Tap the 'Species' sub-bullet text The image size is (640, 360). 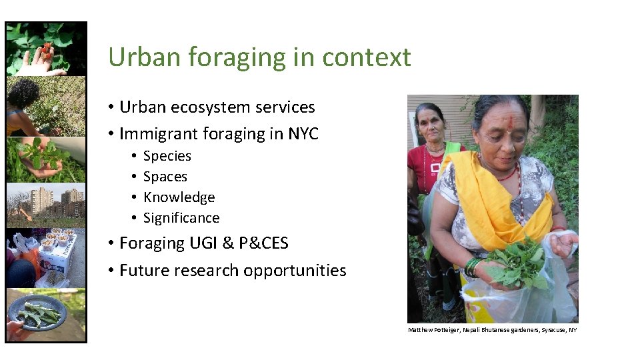[x=167, y=156]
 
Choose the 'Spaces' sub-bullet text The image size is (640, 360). [x=165, y=177]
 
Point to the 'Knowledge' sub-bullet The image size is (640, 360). [x=179, y=197]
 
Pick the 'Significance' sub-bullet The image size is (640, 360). [x=181, y=218]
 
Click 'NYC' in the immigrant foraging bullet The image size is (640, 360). [x=303, y=134]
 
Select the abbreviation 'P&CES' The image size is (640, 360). [x=264, y=243]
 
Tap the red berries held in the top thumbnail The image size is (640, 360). [x=46, y=48]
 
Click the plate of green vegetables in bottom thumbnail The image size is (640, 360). [x=37, y=314]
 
